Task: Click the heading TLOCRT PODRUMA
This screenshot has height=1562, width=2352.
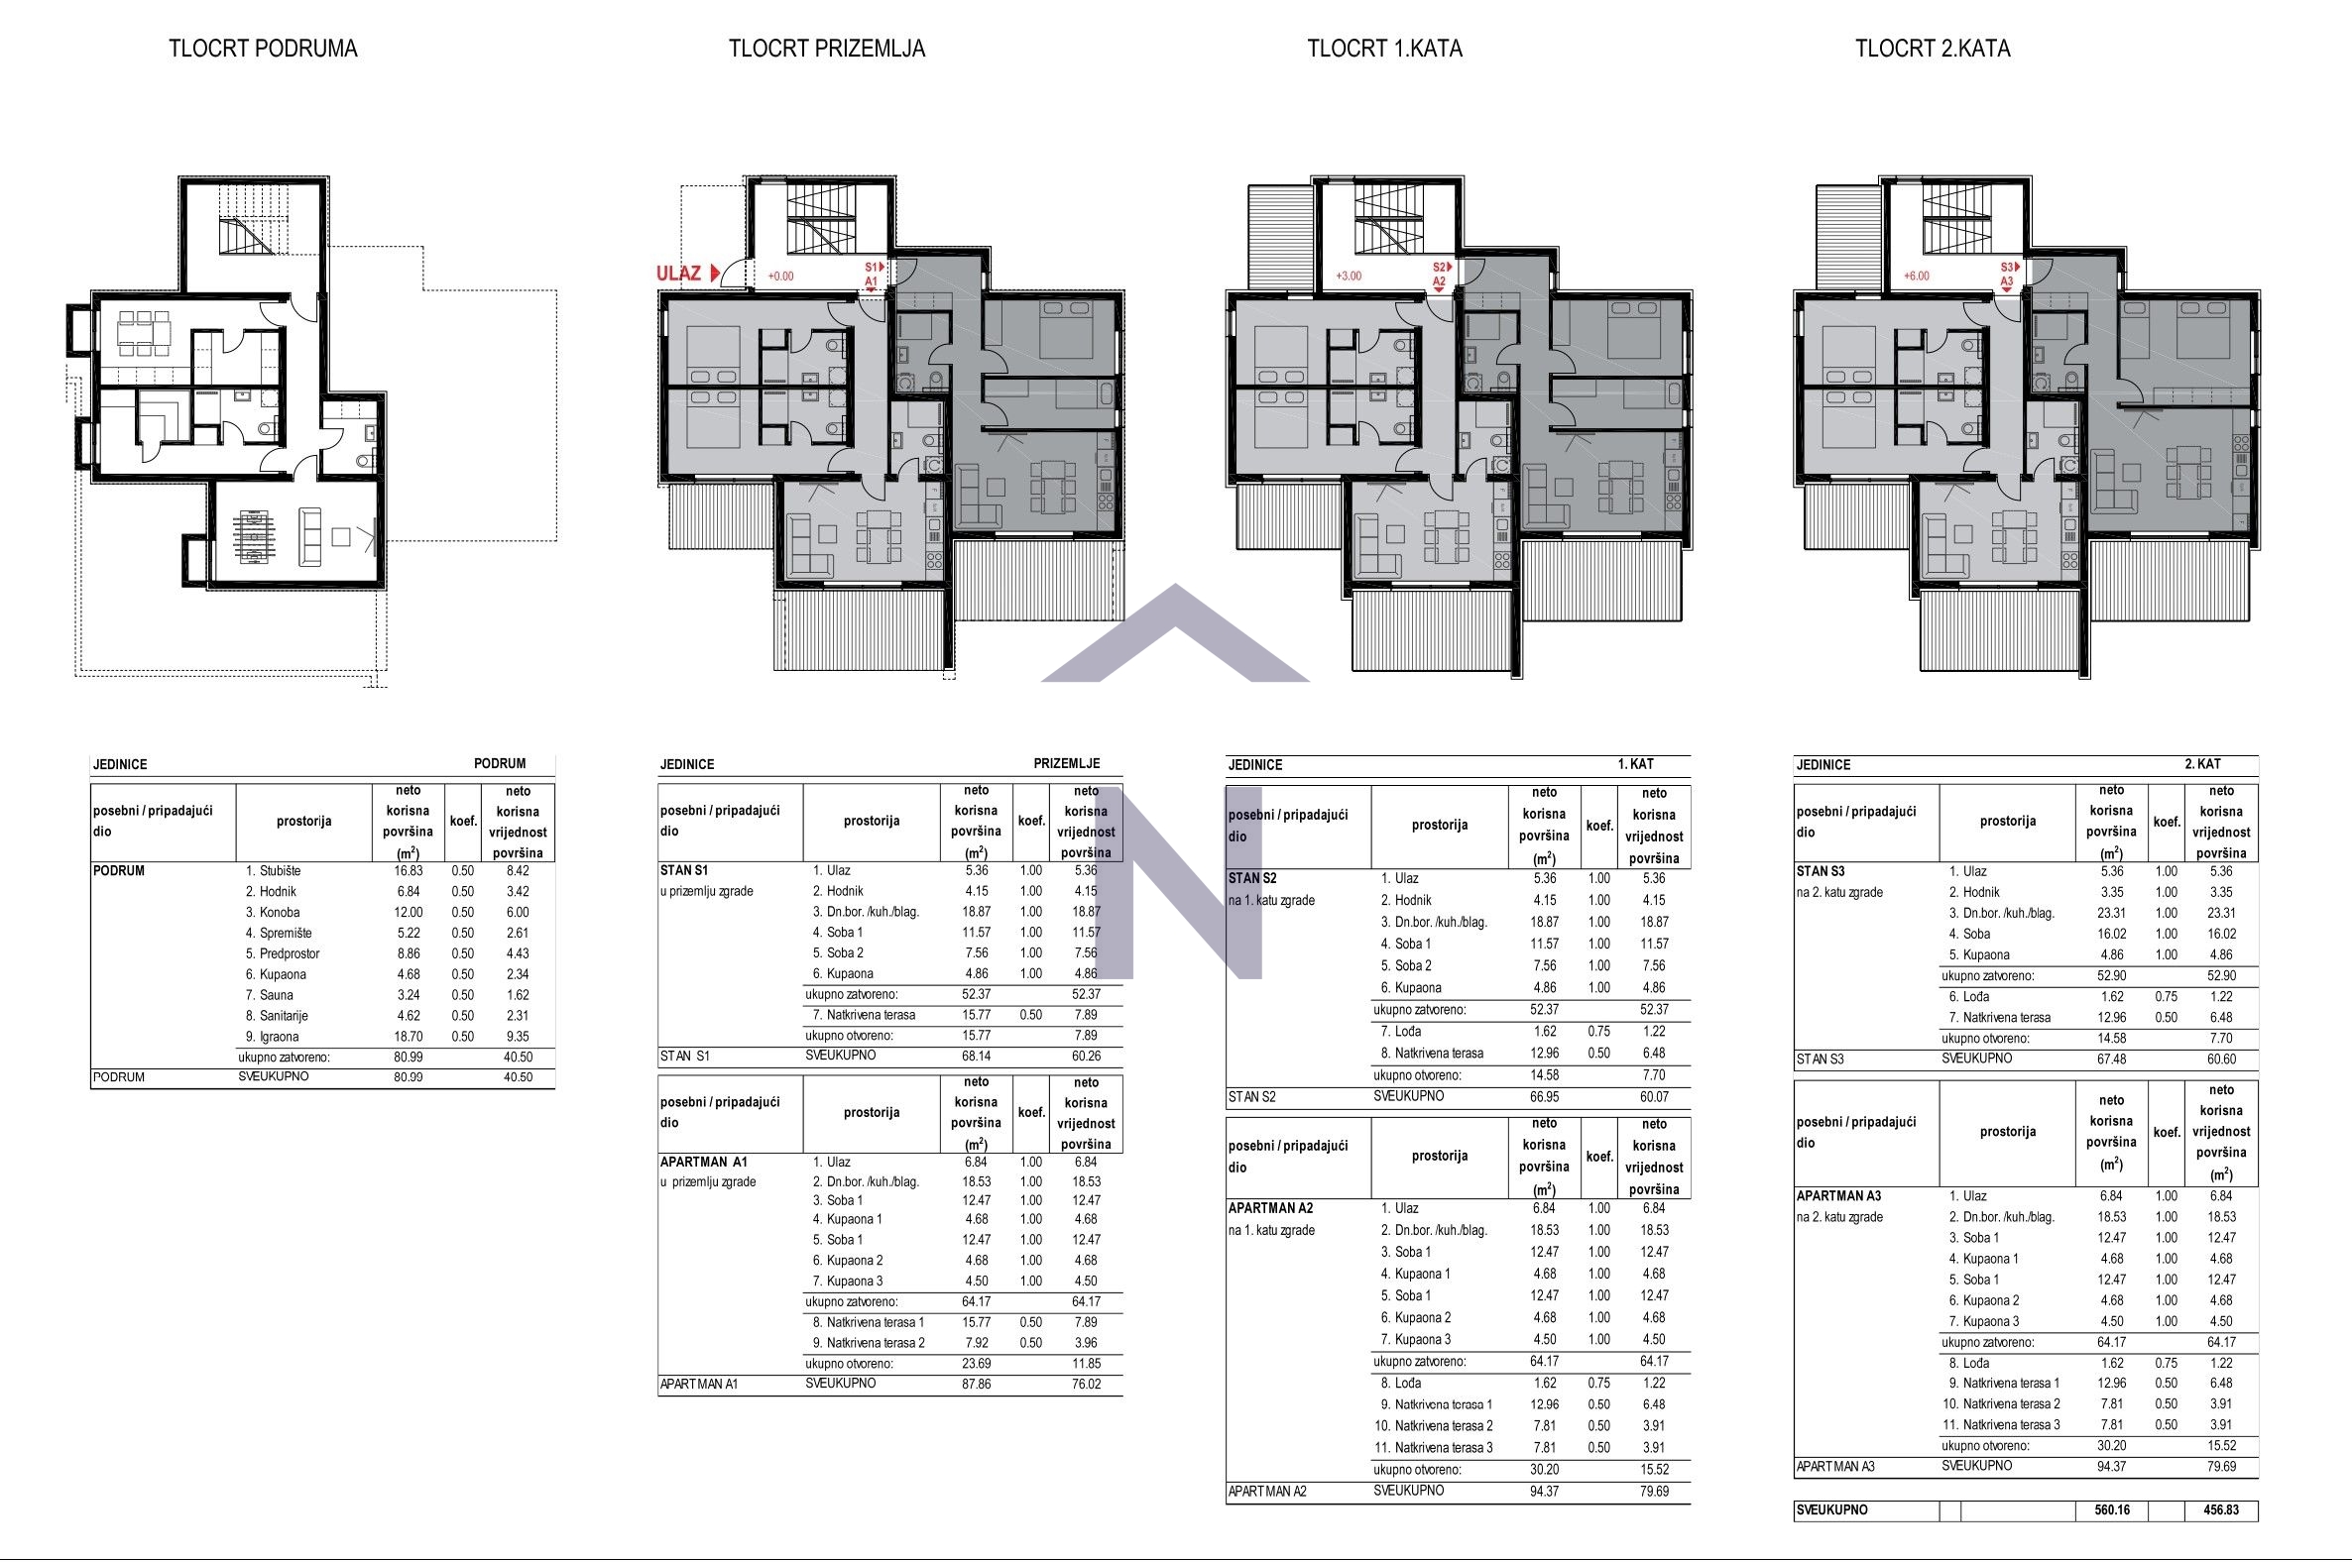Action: coord(262,49)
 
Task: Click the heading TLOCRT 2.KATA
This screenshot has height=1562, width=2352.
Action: coord(1932,49)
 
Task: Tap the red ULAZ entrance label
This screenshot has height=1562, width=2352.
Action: coord(678,273)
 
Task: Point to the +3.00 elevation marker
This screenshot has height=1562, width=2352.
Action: coord(1348,276)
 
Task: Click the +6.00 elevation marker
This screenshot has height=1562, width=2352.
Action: coord(1916,276)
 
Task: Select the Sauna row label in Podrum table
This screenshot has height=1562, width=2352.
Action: coord(276,995)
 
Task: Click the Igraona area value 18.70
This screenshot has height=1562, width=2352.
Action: coord(408,1036)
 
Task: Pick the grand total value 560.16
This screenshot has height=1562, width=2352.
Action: coord(2111,1510)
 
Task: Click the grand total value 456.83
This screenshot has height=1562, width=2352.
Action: coord(2220,1510)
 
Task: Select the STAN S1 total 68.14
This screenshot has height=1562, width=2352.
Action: coord(976,1056)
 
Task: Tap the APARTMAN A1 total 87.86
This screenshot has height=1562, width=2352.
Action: coord(976,1384)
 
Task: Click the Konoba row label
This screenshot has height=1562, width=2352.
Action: coord(279,913)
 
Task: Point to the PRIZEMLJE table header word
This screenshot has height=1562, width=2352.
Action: coord(1066,764)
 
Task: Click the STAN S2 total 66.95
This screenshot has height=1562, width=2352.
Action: coord(1543,1097)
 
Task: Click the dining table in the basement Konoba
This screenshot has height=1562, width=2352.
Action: coord(144,334)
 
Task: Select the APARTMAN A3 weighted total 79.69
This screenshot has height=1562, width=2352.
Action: coord(2220,1467)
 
